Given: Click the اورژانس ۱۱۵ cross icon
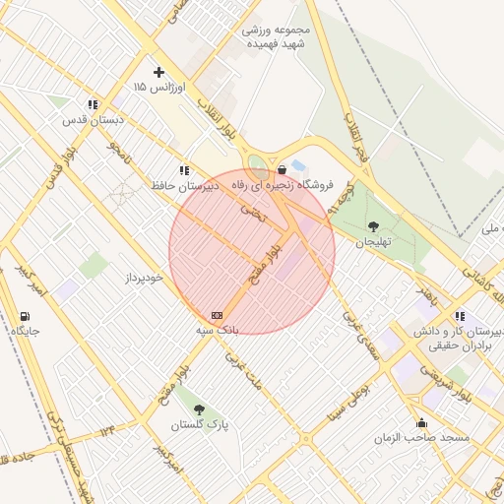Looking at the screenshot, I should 158,73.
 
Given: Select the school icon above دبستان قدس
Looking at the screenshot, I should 92,104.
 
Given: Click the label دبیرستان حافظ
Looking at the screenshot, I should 191,185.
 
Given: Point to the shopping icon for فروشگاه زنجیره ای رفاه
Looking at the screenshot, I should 283,169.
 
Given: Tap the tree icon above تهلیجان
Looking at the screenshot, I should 372,226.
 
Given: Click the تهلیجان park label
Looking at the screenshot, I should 373,242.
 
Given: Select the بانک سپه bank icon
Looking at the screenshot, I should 217,315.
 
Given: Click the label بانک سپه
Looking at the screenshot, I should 216,330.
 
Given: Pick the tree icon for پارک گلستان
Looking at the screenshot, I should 200,409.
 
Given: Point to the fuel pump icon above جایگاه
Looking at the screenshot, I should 25,316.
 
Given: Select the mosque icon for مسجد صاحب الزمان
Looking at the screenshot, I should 422,422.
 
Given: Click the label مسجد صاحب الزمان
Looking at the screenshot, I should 427,437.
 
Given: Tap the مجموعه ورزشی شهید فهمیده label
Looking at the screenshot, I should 277,37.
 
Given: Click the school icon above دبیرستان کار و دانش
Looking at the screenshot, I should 460,316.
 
